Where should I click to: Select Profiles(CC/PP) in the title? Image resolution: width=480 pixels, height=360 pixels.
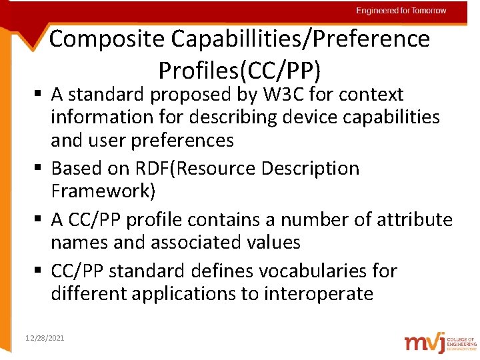239,69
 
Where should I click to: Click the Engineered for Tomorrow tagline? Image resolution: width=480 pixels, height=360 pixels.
401,11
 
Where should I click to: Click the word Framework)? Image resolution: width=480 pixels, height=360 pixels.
103,191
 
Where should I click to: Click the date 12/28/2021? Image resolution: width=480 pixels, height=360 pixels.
44,339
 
